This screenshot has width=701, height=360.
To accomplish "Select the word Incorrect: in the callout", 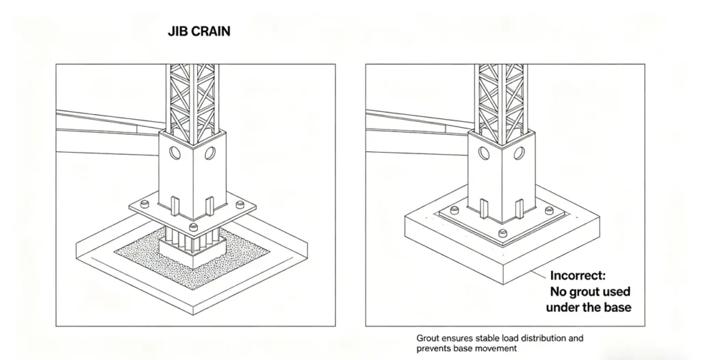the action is (578, 276).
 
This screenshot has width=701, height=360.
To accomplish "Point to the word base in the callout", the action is (617, 307).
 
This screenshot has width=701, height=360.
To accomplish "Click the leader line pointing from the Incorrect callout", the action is (539, 273).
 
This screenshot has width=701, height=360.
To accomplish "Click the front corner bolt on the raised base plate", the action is (193, 227).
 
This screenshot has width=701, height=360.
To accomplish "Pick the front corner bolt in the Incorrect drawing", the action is (503, 233).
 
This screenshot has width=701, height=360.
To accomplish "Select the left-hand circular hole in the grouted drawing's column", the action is (175, 153).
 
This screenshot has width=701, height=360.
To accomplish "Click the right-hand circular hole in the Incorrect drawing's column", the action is (519, 153).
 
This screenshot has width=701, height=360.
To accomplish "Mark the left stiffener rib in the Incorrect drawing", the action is (484, 208).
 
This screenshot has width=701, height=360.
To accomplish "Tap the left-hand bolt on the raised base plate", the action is (144, 205).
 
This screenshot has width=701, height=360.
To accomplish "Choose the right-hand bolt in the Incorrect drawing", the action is (550, 210).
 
